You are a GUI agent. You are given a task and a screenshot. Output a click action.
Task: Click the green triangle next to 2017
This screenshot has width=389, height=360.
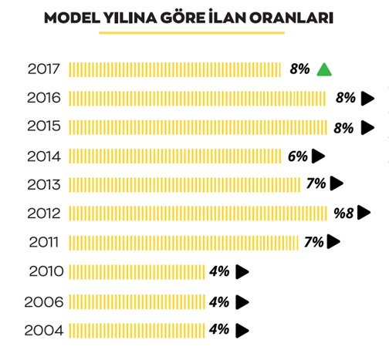click(x=324, y=70)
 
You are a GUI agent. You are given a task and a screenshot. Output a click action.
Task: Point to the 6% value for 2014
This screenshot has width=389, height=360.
click(x=297, y=156)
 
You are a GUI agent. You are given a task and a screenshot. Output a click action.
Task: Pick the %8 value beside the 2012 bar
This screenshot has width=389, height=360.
click(x=344, y=213)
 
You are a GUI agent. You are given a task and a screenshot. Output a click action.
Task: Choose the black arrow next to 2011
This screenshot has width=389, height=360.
click(x=333, y=242)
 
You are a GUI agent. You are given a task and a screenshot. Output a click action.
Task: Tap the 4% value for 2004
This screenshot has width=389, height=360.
click(x=219, y=329)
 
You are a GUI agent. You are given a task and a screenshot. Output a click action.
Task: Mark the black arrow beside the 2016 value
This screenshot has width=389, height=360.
click(x=368, y=98)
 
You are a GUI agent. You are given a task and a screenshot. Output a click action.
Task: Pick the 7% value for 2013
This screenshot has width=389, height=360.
click(x=316, y=184)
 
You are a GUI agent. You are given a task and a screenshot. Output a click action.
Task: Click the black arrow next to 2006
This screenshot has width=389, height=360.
click(x=242, y=301)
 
